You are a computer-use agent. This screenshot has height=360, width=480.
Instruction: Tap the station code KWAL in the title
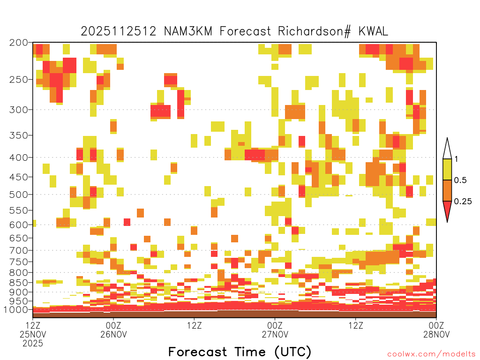pos(373,31)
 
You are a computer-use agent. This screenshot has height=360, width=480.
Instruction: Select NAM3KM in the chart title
pos(188,31)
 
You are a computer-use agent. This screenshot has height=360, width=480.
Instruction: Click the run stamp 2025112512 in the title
pos(119,31)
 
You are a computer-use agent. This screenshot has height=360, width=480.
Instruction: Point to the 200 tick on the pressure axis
pos(19,43)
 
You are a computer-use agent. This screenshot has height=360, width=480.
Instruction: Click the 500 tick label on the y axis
pos(19,195)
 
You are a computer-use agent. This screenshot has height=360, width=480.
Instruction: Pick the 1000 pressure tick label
pos(16,309)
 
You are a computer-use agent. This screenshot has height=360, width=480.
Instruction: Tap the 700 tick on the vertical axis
pos(19,250)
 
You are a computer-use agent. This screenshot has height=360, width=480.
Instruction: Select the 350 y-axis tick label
pos(19,135)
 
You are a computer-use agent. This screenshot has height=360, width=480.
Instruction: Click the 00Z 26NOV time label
pos(113,330)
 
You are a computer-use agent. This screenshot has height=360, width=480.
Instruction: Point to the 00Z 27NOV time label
pos(275,330)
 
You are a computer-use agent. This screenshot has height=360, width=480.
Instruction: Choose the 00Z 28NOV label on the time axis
pos(436,330)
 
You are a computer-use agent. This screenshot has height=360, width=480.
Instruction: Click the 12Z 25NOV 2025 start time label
pos(33,334)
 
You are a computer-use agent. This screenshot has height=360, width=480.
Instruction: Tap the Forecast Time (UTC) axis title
pos(240,352)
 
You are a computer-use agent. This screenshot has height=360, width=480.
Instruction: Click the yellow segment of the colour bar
pos(447,169)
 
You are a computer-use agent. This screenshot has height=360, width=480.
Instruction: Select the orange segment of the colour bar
pos(447,190)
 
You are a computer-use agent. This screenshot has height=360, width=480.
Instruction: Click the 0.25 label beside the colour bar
pos(463,201)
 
